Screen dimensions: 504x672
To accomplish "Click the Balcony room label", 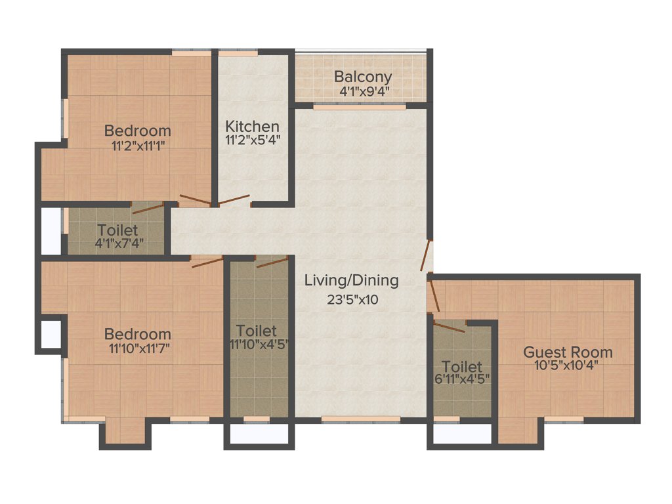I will pos(363,76).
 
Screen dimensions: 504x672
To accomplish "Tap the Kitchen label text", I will pos(253,126).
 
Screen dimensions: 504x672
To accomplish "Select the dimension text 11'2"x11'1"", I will pos(138,146).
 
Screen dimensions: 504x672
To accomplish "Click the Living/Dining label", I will pos(351,281).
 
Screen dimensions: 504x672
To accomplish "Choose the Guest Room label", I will pos(568,352).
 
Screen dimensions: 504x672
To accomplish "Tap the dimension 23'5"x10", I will pos(353,300).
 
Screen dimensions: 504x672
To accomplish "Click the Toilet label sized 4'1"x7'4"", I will pos(117,230).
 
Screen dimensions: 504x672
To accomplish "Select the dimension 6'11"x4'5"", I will pos(462,379).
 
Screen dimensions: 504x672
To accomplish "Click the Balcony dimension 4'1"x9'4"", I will pos(365,91).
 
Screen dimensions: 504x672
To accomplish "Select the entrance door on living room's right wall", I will pos(426,257).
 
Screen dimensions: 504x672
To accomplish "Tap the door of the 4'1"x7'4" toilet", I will pos(147,209).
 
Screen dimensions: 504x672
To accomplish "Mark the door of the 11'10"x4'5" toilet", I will pos(272,262).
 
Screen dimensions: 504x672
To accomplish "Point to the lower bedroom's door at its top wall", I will pos(207,262).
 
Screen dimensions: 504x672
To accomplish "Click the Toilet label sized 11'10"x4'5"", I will pos(257,331).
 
